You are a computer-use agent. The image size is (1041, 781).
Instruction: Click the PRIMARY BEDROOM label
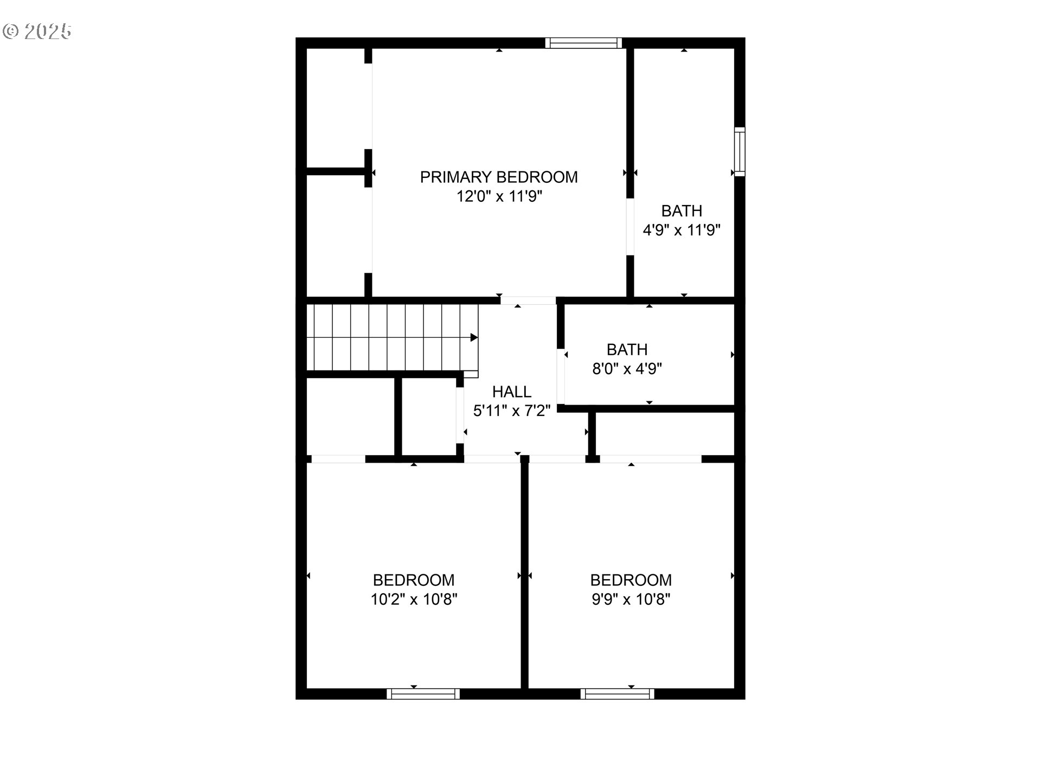click(x=499, y=177)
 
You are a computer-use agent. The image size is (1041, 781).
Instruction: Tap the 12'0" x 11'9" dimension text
click(x=499, y=196)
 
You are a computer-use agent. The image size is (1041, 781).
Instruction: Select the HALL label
click(x=512, y=392)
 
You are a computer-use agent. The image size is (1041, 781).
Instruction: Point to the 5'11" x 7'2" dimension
click(x=512, y=411)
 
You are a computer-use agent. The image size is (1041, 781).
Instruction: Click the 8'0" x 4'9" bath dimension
click(x=627, y=369)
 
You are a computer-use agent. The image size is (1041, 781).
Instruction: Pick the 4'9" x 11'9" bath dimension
click(x=682, y=230)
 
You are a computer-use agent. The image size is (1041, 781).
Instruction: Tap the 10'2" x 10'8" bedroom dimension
click(x=414, y=599)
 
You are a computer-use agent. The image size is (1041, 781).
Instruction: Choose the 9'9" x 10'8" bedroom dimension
click(x=631, y=599)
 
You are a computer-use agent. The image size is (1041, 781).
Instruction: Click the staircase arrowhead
click(x=474, y=337)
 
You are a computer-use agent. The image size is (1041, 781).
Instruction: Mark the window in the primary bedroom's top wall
click(x=583, y=43)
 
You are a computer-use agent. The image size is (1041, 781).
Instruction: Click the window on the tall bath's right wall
click(x=740, y=152)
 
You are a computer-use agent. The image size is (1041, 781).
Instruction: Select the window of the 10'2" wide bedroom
click(x=423, y=694)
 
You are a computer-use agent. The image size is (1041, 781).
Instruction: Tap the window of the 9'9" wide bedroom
click(x=618, y=694)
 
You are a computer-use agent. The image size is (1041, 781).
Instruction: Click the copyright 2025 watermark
click(x=37, y=31)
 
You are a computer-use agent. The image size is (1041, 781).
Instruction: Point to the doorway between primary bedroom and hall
click(x=528, y=300)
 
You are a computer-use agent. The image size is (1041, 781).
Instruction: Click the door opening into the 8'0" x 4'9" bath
click(x=561, y=376)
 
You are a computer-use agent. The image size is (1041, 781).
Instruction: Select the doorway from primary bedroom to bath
click(x=630, y=227)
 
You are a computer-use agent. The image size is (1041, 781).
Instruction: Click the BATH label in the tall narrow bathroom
click(x=682, y=210)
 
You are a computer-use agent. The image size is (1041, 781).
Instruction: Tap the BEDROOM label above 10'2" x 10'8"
click(x=414, y=580)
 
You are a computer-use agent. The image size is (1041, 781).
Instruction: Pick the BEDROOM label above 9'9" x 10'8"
click(x=631, y=580)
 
